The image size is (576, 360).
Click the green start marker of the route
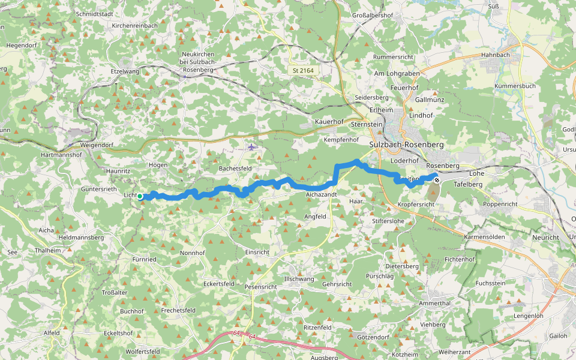[x=140, y=196]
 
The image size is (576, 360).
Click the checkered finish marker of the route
[x=437, y=179]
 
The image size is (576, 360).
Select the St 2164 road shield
[x=303, y=71]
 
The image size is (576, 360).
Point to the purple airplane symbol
[x=251, y=147]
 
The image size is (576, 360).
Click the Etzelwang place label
[x=124, y=71]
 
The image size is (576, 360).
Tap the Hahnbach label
[x=495, y=55]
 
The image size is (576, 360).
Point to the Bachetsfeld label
[x=235, y=169]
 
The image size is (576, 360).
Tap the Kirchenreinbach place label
[x=135, y=26]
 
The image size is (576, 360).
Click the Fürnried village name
[x=144, y=259]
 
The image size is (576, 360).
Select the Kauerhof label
[x=329, y=122]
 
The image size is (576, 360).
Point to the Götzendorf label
[x=373, y=337]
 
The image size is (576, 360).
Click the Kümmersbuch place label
[x=515, y=86]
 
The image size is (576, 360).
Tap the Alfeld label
[x=52, y=332]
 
